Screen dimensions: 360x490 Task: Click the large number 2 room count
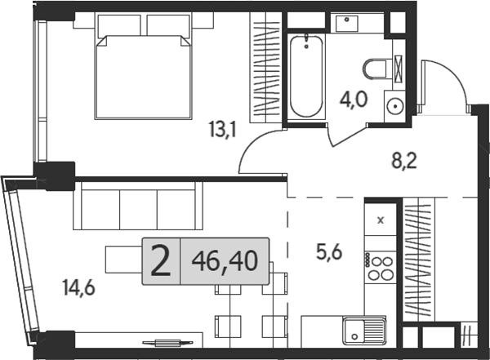(161, 261)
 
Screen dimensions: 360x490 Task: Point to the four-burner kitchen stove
(380, 267)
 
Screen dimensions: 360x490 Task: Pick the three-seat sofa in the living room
(136, 207)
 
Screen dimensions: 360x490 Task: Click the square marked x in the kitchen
(380, 219)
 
